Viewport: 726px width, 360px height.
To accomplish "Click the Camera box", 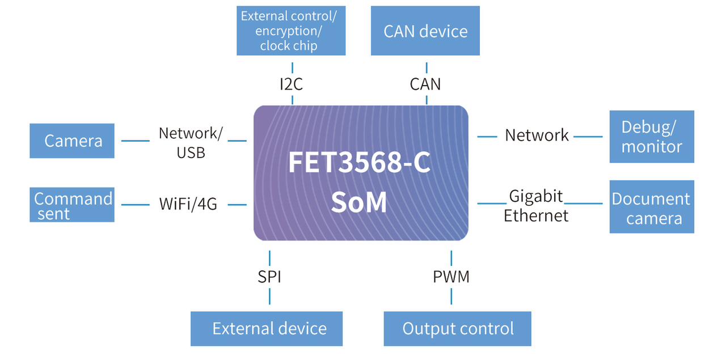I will [x=72, y=141].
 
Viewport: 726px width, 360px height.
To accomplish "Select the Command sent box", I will [x=72, y=205].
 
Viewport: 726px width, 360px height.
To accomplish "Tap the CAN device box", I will [x=425, y=31].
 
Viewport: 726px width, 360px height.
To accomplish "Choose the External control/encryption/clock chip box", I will [x=291, y=31].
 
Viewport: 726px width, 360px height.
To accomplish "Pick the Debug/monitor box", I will [x=652, y=137].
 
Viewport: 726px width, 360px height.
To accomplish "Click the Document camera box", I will [x=652, y=207].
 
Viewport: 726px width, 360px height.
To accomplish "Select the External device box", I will [x=267, y=329].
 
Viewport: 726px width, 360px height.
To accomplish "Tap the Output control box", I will [x=458, y=329].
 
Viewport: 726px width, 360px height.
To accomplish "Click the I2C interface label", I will [x=292, y=84].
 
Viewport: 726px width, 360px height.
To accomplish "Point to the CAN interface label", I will [x=425, y=84].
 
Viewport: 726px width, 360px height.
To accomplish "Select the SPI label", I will [x=269, y=277].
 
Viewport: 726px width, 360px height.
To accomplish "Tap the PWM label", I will [x=451, y=277].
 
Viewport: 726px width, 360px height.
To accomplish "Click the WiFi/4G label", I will [x=188, y=204].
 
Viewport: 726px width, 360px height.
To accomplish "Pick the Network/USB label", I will [x=191, y=142].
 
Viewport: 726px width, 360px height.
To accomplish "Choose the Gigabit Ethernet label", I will [x=536, y=205].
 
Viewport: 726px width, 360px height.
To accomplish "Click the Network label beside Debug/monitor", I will [x=537, y=135].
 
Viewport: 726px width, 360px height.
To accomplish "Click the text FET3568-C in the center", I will [x=360, y=163].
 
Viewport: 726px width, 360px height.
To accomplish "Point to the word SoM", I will [x=360, y=202].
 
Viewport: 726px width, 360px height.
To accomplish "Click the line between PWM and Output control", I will [x=451, y=296].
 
